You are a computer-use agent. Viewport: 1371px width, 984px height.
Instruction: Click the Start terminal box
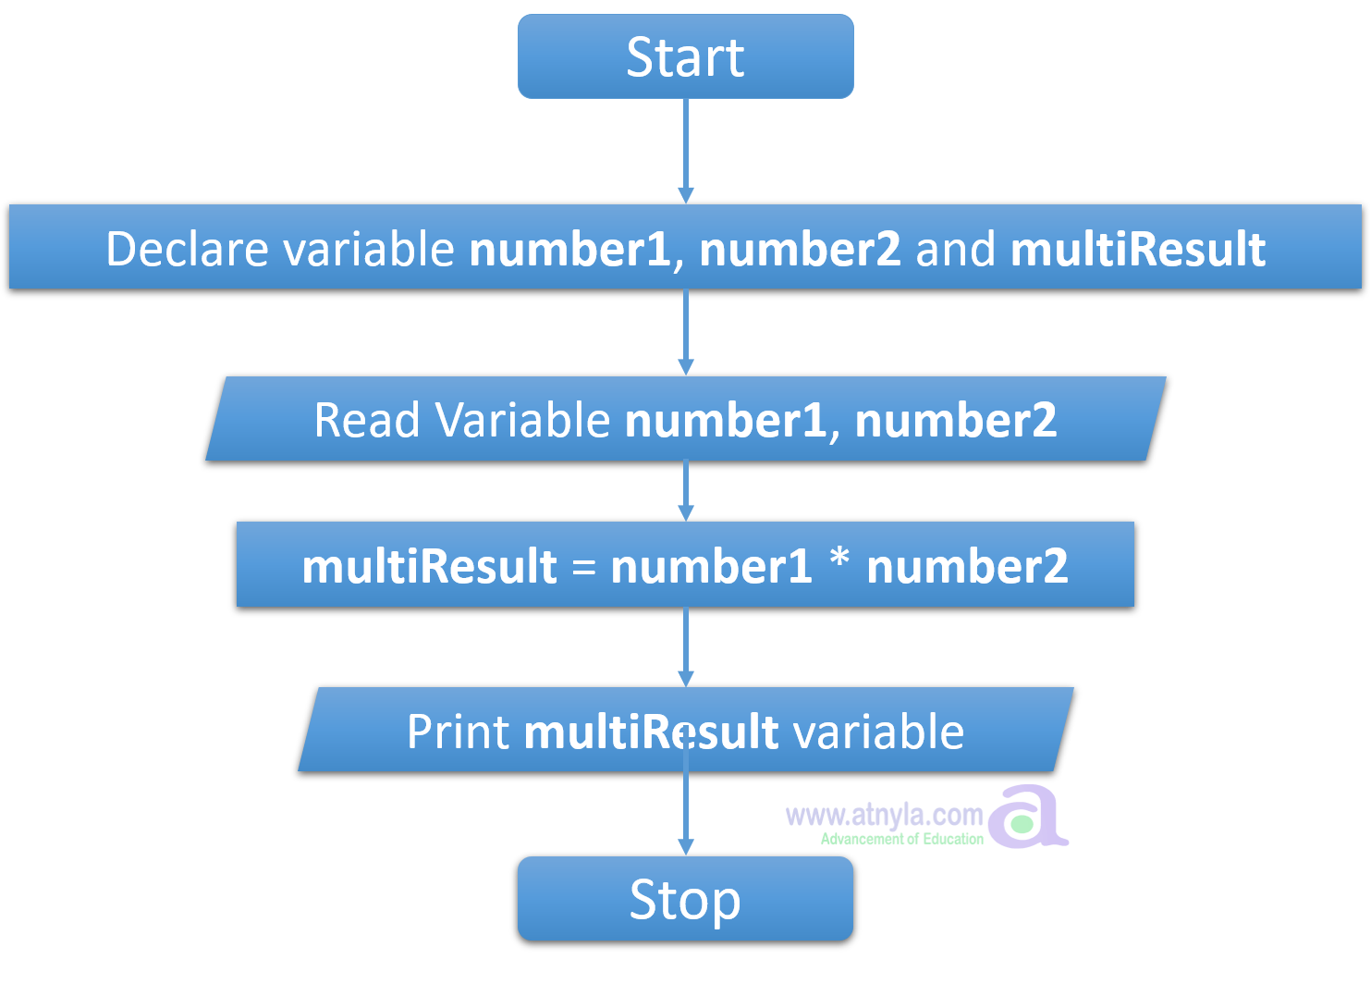[685, 56]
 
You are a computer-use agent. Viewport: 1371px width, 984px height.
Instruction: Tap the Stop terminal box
[685, 898]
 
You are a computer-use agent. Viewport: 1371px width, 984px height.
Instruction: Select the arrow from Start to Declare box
[685, 148]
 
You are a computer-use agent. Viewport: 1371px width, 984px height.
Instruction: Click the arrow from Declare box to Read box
[685, 328]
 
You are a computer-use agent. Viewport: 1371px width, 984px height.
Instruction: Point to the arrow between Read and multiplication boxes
[685, 488]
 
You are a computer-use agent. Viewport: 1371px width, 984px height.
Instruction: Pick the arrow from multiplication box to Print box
[685, 645]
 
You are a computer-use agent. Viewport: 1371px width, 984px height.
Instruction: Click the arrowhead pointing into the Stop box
[685, 845]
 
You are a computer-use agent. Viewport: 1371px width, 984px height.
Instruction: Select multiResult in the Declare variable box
[1138, 249]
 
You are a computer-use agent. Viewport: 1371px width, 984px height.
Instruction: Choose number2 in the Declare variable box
[800, 249]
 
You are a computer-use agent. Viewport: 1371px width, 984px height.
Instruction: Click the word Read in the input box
[367, 420]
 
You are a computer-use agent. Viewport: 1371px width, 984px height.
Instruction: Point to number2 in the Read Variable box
[956, 420]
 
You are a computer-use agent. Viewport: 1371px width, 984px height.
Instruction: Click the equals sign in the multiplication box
[583, 566]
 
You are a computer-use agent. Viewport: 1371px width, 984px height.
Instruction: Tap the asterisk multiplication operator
[839, 560]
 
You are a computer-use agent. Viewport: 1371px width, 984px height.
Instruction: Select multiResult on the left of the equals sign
[430, 566]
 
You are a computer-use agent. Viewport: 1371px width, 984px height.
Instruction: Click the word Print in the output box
[458, 732]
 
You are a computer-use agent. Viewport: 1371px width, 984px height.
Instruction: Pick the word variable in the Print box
[879, 732]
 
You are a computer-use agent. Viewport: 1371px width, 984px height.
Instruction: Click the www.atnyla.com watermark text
[884, 816]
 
